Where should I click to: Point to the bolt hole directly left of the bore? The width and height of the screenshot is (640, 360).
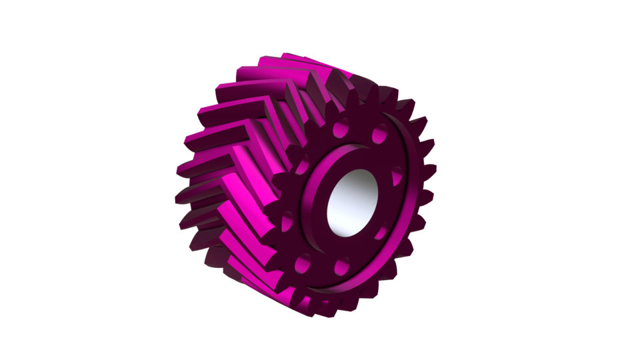coord(287,220)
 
